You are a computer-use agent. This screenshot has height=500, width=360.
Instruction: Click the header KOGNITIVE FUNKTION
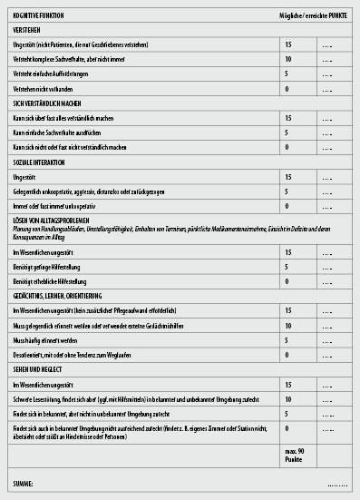pos(38,15)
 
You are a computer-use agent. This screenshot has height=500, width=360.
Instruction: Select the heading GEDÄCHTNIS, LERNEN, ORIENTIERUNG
pos(63,296)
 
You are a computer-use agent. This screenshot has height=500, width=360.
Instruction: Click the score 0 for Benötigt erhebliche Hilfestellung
pos(287,282)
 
